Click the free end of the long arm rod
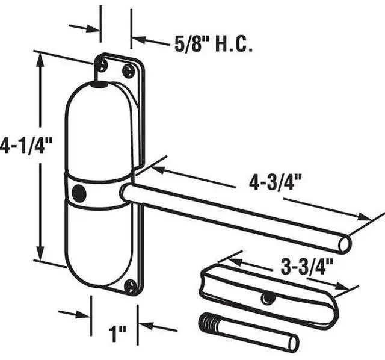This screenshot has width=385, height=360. [344, 243]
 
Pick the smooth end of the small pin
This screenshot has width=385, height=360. [293, 343]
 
